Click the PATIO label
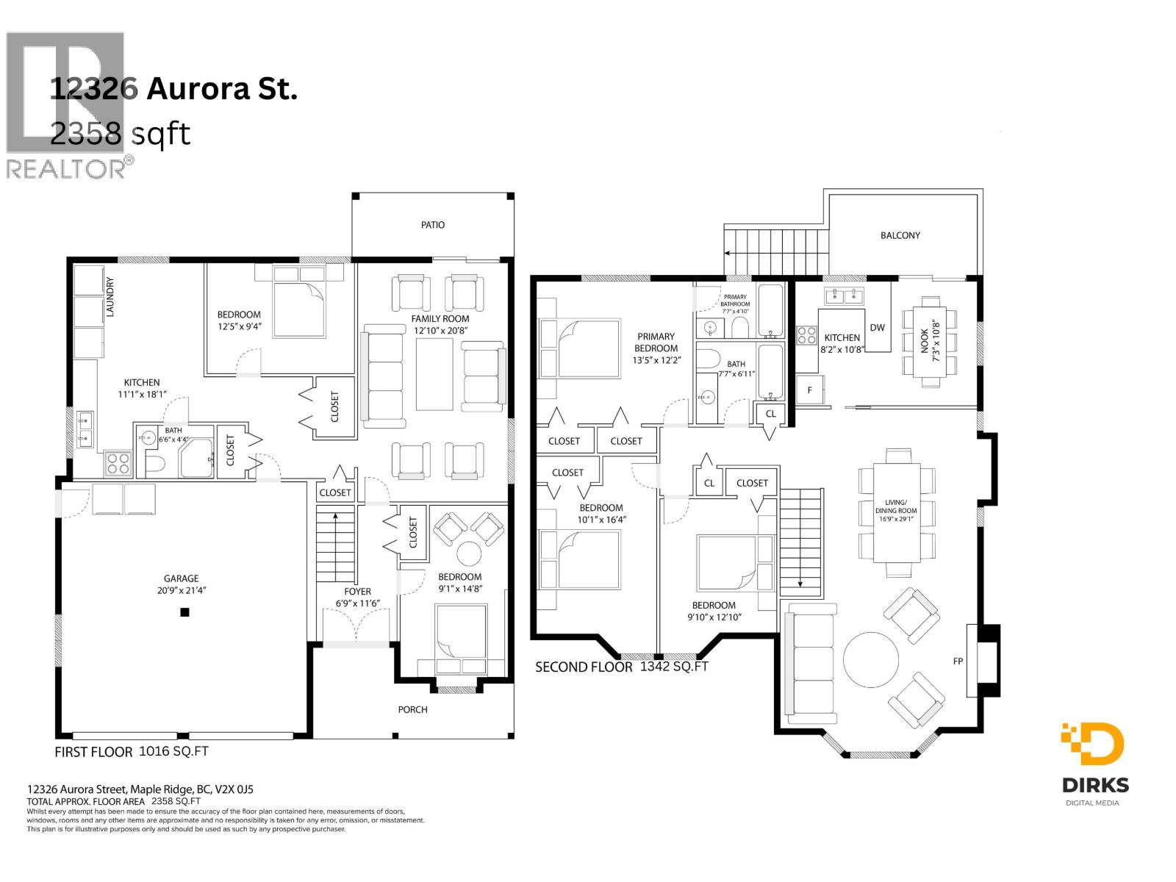coord(432,225)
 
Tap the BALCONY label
coord(900,235)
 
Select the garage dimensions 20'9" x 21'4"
coord(181,590)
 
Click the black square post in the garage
coord(184,612)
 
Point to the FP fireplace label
coord(958,661)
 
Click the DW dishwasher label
coord(877,328)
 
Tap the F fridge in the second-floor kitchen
coord(810,390)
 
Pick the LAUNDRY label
coord(110,296)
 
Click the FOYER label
coord(357,592)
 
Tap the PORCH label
coord(412,709)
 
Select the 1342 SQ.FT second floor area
coord(673,667)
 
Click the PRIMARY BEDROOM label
coord(656,343)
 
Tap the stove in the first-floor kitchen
coord(118,462)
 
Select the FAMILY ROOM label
coord(440,318)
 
